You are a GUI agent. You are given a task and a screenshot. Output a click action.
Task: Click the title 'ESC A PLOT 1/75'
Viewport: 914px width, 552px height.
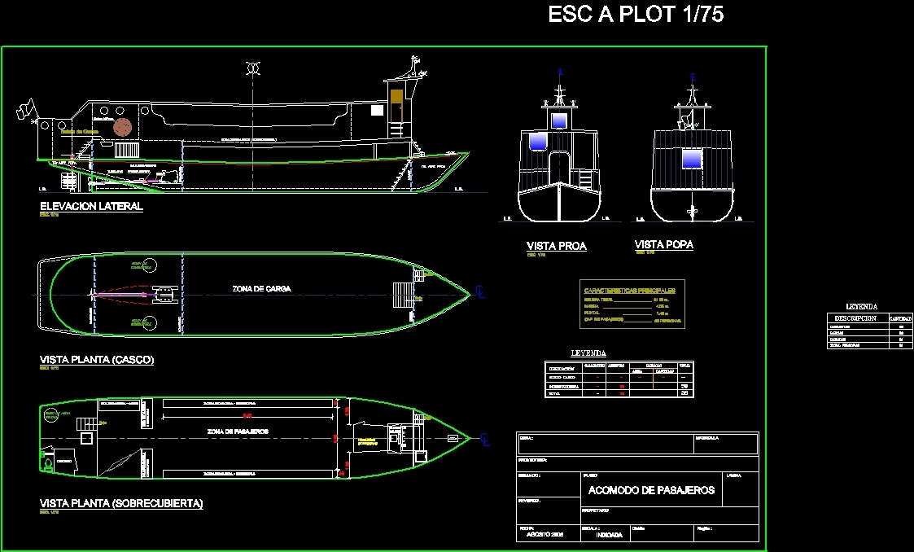coord(636,15)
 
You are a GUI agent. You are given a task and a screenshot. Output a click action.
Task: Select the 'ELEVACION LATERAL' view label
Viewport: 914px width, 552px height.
coord(91,207)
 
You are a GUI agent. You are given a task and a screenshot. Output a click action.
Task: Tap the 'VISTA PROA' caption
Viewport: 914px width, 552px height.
coord(556,246)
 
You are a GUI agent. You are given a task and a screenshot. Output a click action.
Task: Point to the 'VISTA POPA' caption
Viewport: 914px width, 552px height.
coord(663,244)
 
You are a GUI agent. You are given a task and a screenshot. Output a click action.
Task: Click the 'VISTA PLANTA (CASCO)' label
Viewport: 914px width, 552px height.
coord(97,360)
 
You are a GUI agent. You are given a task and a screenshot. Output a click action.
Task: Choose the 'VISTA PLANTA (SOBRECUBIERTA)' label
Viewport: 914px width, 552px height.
coord(121,504)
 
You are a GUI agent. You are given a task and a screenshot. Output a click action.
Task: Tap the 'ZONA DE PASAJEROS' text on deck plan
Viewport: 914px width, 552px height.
coord(238,431)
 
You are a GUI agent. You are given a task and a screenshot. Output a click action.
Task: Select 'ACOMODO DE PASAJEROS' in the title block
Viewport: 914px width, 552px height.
coord(651,489)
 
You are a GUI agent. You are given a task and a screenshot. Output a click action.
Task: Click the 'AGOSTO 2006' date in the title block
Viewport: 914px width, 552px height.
coord(544,535)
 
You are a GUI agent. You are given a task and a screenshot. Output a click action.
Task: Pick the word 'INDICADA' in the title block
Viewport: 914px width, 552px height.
coord(610,535)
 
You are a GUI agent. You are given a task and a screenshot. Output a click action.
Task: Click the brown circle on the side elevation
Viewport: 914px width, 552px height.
coord(123,127)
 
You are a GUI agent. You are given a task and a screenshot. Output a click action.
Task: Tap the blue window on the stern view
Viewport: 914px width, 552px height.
coord(691,159)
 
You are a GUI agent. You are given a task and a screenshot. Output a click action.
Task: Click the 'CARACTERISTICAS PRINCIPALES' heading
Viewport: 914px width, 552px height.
coord(633,290)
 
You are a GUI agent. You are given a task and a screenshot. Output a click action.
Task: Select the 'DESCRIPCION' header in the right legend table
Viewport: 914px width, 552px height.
coord(855,318)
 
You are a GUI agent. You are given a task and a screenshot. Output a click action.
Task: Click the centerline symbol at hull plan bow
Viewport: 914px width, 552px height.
coord(482,292)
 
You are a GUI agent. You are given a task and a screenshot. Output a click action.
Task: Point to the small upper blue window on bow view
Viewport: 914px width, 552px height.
coord(558,120)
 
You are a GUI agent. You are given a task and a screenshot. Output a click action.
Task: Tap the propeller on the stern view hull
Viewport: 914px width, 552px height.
coord(693,212)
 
